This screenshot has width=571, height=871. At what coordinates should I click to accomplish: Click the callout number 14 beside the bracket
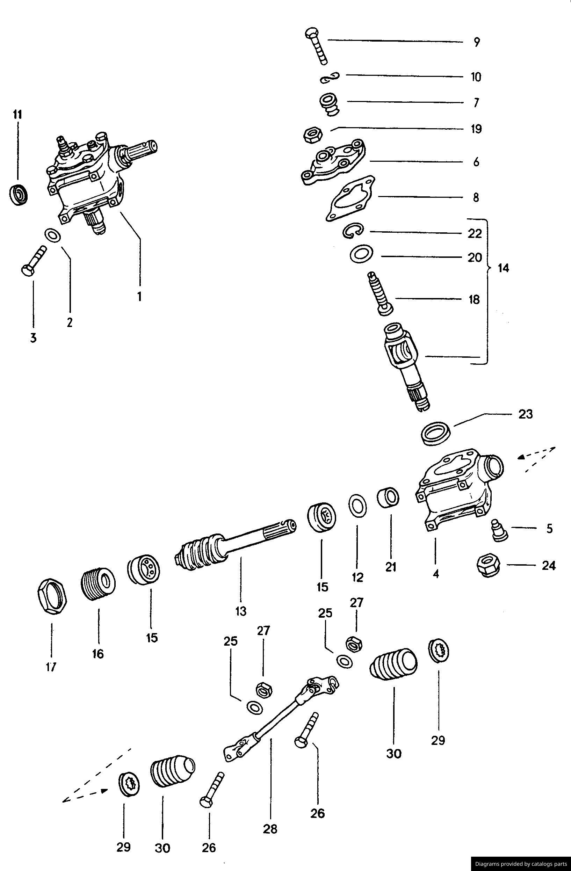[503, 268]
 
